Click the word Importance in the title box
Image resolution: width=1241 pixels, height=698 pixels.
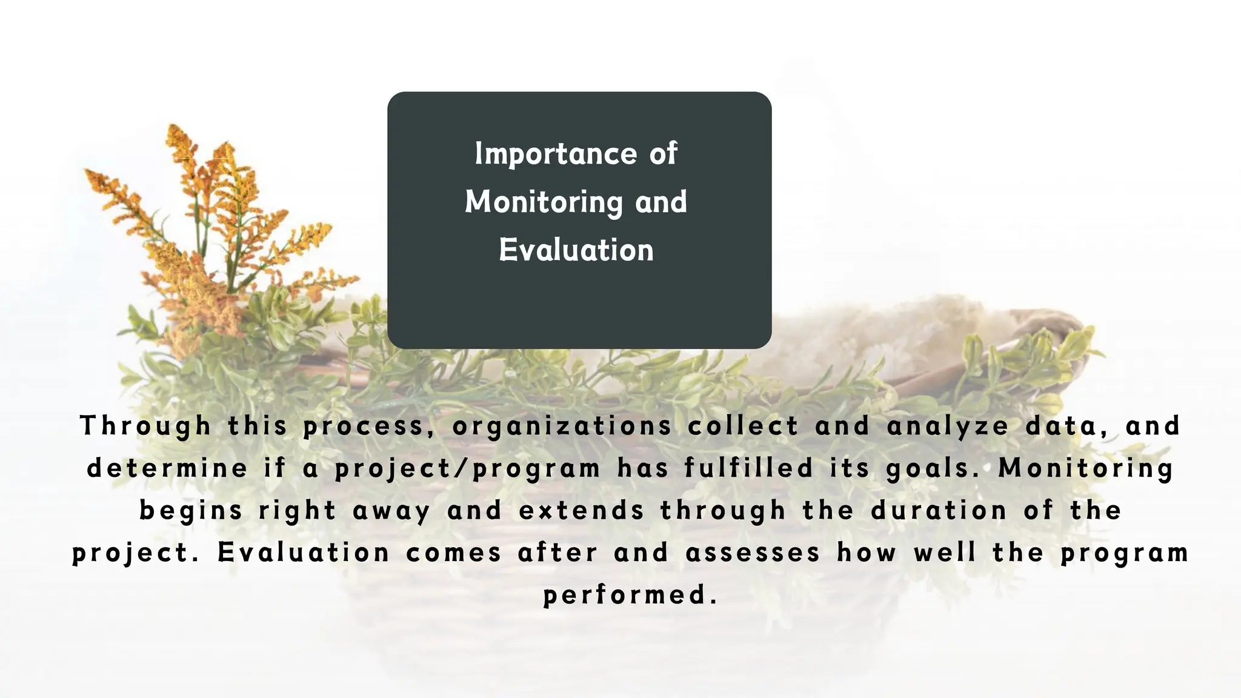click(x=554, y=154)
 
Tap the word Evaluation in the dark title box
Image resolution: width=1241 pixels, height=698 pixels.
click(x=576, y=250)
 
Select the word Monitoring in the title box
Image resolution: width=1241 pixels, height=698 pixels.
click(x=544, y=202)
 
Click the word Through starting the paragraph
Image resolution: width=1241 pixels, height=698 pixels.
click(x=145, y=426)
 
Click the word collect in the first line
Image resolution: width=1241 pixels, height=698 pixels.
click(x=743, y=426)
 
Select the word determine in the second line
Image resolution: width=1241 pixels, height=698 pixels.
click(x=167, y=468)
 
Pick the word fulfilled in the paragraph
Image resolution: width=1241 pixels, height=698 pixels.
click(x=748, y=468)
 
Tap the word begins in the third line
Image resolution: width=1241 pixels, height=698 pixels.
click(x=191, y=511)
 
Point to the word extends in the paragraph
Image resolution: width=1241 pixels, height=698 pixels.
click(x=581, y=511)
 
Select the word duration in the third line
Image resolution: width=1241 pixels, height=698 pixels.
click(x=939, y=511)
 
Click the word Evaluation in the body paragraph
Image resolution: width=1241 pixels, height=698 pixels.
click(x=304, y=553)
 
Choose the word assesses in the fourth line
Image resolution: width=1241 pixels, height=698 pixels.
click(x=753, y=553)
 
